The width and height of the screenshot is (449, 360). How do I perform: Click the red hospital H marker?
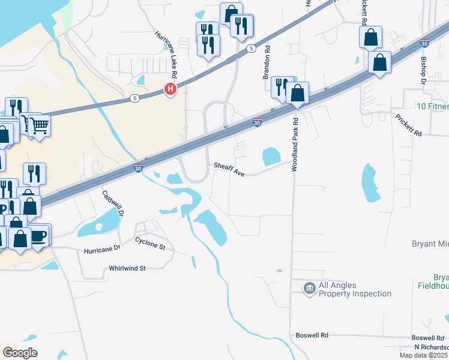coord(171,90)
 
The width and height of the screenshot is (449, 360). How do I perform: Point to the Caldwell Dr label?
coord(113,204)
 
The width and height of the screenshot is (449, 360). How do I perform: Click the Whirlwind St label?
coord(127,269)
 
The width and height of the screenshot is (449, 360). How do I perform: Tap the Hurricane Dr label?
coord(102,250)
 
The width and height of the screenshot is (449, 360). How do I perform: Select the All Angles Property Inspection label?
coord(355,290)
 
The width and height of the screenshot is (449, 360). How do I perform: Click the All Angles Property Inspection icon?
coord(310,289)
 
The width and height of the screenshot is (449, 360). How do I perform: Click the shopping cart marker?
coord(39,126)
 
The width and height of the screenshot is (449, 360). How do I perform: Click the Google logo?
coord(20,353)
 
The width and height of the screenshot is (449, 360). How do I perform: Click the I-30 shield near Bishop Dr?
coord(425,44)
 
